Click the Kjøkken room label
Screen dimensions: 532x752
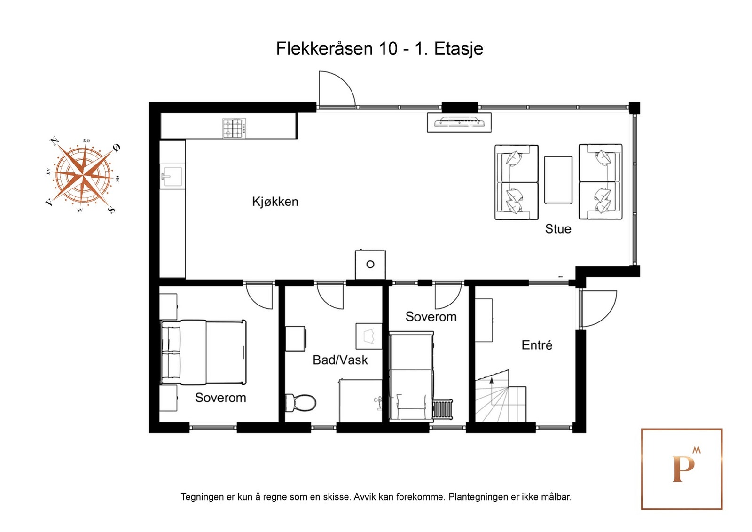pos(275,202)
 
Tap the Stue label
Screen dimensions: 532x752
pos(558,229)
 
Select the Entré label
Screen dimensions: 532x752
pos(537,345)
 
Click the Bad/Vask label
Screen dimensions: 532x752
pos(340,360)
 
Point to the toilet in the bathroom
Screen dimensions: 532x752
pos(301,403)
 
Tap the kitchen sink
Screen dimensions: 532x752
pos(172,177)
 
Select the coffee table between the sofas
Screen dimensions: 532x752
pos(558,180)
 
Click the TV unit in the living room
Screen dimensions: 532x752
pos(459,122)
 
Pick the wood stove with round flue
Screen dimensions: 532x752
pos(370,264)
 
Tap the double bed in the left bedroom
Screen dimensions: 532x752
pos(204,352)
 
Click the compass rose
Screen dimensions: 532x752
pos(83,175)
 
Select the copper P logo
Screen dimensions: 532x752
pos(681,469)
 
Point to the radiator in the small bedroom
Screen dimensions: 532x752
pos(442,409)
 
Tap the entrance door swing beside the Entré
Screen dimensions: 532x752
pos(597,308)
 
